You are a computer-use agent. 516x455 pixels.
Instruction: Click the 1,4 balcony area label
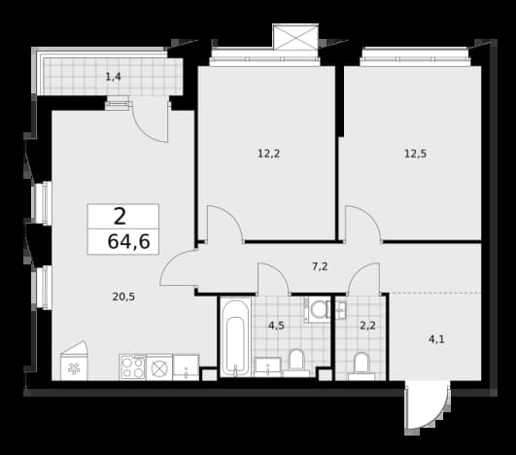[113, 78]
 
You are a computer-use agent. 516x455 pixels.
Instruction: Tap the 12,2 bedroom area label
[268, 154]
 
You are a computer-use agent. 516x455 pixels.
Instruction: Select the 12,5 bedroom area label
[415, 154]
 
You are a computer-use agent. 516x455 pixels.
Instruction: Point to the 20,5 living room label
[123, 297]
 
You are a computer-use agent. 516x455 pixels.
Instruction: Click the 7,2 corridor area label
[320, 266]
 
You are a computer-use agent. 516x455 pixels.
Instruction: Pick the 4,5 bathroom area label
[276, 326]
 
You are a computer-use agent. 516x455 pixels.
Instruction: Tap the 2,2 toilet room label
[367, 326]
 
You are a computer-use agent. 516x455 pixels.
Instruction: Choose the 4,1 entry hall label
[436, 339]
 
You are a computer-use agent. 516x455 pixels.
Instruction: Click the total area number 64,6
[128, 242]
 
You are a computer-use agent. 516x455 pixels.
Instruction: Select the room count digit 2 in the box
[120, 217]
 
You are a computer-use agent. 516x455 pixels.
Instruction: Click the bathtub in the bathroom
[235, 336]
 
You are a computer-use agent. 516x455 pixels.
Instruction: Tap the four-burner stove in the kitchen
[132, 367]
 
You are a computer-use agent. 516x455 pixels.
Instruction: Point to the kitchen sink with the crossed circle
[159, 367]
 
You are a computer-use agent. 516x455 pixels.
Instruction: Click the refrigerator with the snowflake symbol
[75, 361]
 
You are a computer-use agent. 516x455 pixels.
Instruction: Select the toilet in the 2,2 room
[361, 367]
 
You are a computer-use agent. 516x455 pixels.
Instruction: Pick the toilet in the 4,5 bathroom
[295, 363]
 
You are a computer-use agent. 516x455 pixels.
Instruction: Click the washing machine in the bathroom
[317, 309]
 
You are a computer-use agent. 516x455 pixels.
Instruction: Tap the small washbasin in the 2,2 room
[341, 309]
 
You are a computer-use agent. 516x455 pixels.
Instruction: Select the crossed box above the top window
[295, 37]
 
